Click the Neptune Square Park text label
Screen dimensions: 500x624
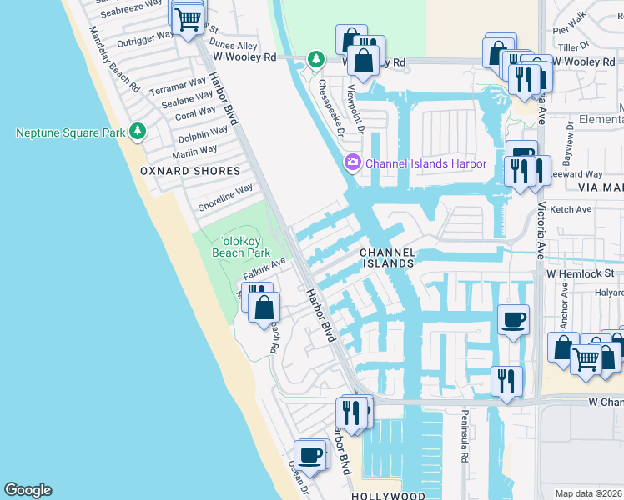point(69,132)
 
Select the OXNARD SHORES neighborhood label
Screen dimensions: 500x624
point(190,171)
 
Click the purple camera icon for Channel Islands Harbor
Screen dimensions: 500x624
point(353,162)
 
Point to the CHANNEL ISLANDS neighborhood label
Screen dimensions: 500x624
point(386,257)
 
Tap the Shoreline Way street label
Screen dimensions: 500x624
point(225,197)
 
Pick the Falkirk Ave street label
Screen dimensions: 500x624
point(264,267)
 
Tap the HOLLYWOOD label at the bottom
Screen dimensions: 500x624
point(388,495)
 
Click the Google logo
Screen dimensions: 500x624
point(28,490)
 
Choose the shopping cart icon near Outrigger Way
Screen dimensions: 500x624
point(189,17)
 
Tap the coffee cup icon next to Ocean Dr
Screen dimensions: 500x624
point(309,456)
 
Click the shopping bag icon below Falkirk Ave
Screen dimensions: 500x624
point(264,307)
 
